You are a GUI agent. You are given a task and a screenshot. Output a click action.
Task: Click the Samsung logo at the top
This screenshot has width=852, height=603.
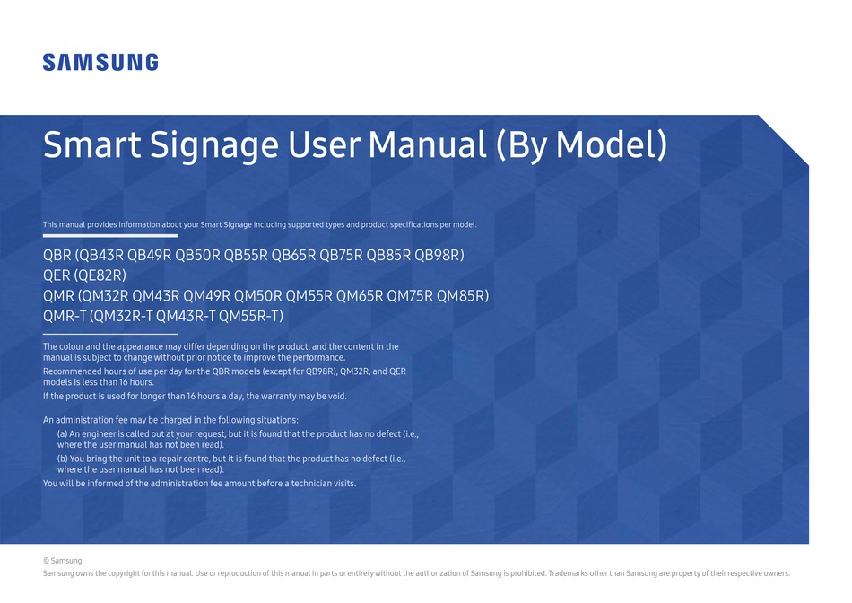[x=100, y=62]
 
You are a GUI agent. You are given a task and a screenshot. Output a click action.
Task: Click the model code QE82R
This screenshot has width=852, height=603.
[x=99, y=275]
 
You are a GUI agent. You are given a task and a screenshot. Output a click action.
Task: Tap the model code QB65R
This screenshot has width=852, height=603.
[x=293, y=255]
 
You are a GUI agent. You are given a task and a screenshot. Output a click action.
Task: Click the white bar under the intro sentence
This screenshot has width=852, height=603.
[x=110, y=235]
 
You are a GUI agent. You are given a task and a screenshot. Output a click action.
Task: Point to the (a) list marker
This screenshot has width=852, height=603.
[x=62, y=433]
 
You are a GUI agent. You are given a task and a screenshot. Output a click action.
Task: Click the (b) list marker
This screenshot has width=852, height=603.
[x=63, y=459]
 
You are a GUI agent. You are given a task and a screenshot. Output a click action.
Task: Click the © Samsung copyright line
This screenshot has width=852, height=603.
[x=62, y=561]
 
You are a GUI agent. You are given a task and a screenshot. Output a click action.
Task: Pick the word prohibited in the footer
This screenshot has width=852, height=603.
[x=517, y=573]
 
